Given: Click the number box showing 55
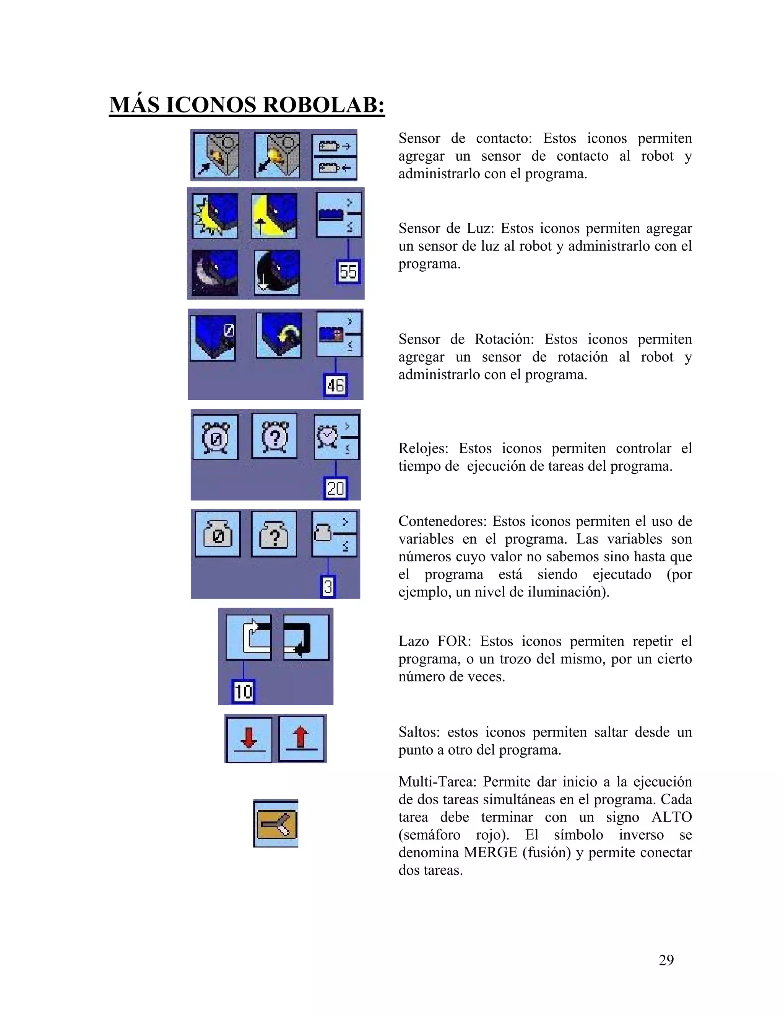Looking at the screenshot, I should (x=348, y=272).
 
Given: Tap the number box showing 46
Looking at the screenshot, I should (x=335, y=385).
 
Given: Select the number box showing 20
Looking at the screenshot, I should (x=335, y=488).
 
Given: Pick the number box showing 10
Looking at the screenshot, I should (x=243, y=691).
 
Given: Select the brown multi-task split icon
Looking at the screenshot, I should (x=276, y=824).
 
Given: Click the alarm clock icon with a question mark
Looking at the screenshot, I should (x=275, y=436).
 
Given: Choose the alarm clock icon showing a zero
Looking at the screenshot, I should (x=215, y=437).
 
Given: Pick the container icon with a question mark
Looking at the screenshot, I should (x=274, y=534).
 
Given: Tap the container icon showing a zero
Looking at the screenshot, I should (x=218, y=534).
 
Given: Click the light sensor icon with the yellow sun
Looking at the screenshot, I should (x=215, y=216).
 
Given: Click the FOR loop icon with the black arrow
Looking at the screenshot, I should (x=306, y=637).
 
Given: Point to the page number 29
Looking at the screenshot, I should (x=666, y=960).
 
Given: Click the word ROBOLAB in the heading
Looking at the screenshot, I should (x=323, y=105).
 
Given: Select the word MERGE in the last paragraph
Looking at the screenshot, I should (x=490, y=853).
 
